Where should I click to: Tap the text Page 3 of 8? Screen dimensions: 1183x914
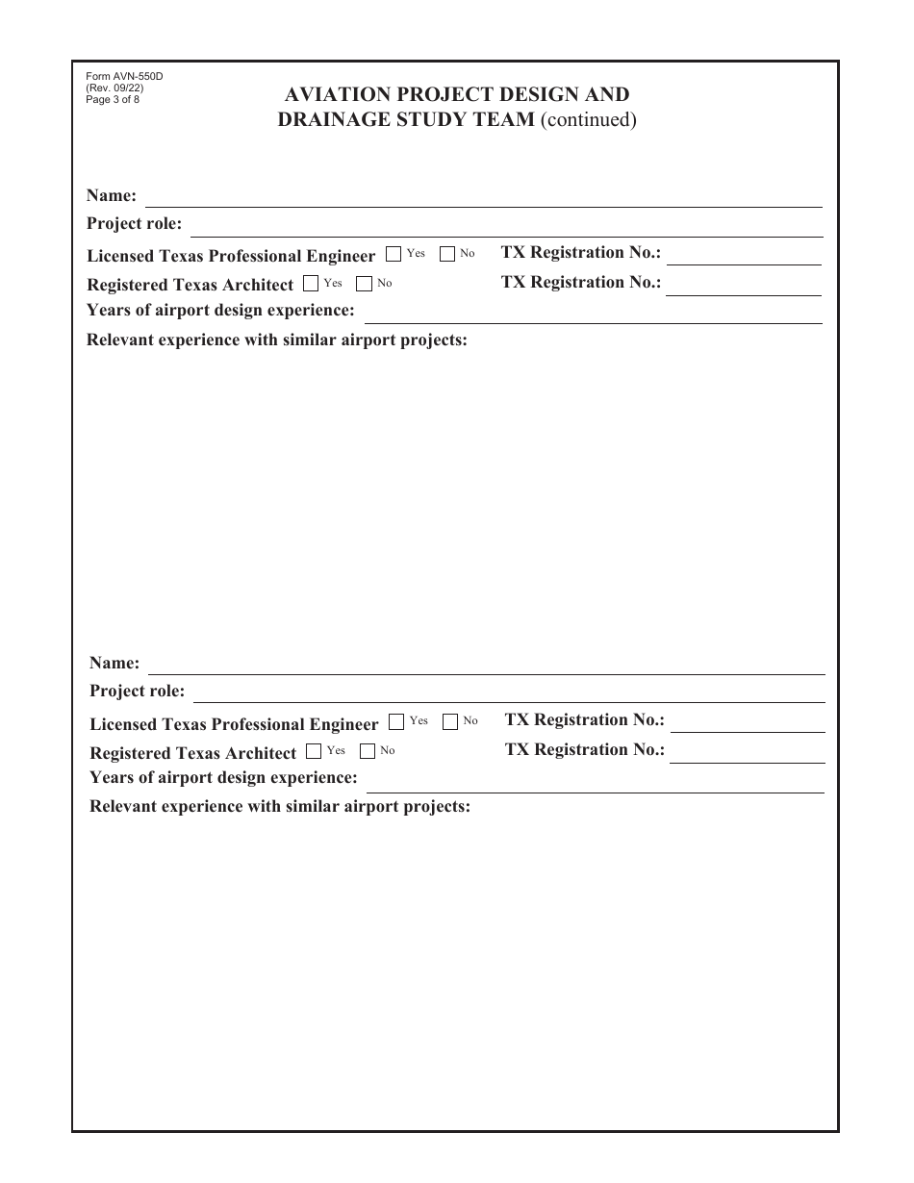coord(113,99)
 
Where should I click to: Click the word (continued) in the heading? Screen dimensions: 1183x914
coord(588,120)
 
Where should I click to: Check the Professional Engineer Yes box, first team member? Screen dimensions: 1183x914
coord(394,255)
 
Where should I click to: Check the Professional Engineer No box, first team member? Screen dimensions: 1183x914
coord(447,255)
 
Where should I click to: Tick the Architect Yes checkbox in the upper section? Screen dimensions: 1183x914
coord(311,284)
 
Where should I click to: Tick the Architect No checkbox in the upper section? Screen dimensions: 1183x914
coord(365,284)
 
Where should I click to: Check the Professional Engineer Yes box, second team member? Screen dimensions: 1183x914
coord(396,722)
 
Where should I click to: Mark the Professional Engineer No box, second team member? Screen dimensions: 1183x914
coord(450,722)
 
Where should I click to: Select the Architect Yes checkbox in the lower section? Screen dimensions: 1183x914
coord(314,751)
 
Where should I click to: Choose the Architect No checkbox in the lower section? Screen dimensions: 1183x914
coord(368,751)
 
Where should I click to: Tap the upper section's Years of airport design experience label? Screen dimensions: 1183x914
coord(220,310)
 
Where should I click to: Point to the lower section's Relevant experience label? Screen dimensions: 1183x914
coord(280,806)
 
